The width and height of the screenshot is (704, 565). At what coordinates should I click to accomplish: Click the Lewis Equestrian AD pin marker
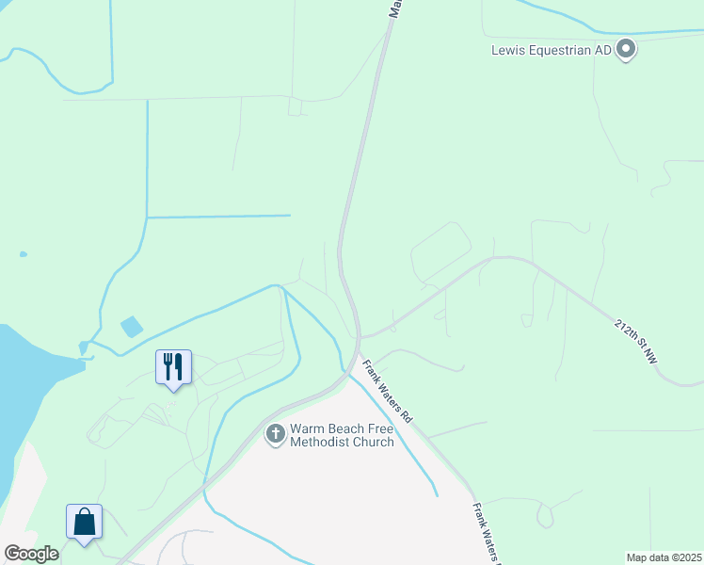626,50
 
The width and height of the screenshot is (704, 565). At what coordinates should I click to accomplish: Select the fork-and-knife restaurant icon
173,366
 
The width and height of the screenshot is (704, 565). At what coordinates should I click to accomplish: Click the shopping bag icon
84,522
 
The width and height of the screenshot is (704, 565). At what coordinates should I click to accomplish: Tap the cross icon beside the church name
276,434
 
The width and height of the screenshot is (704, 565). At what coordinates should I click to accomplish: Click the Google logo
31,554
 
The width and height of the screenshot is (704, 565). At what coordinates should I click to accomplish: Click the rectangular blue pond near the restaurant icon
132,327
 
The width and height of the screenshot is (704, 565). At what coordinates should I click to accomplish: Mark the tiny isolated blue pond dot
23,253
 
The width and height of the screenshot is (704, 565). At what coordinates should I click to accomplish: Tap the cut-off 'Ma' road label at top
396,8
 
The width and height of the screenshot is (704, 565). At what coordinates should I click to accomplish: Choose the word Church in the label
372,442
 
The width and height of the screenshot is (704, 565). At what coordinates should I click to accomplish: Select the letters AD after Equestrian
602,50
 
